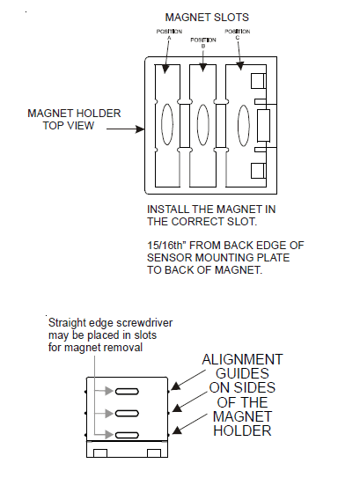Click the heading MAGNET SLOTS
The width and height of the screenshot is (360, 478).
tap(205, 17)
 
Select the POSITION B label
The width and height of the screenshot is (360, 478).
tap(203, 40)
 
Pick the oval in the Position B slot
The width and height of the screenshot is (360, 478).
tap(203, 124)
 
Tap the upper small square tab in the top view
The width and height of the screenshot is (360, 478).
tap(259, 81)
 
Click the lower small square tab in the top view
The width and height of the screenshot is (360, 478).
tap(259, 170)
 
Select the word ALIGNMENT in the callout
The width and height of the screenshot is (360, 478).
tap(243, 359)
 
